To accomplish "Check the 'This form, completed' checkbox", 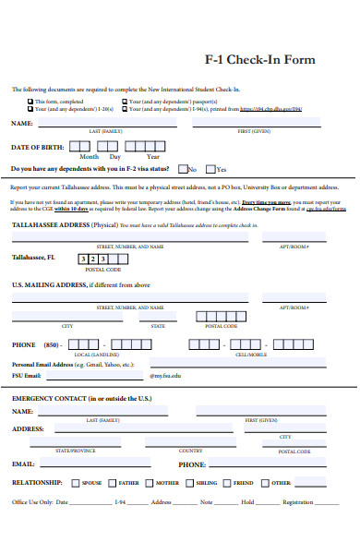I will click(30, 101).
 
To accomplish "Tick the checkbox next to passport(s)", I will click(125, 101).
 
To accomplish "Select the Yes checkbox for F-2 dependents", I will click(210, 169).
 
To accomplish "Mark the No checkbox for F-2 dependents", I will click(182, 169).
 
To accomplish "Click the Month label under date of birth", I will click(89, 157).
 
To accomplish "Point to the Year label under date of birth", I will click(153, 157).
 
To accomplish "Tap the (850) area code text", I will click(54, 345).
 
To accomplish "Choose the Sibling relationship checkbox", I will click(188, 482).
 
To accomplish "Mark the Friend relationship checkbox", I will click(226, 482).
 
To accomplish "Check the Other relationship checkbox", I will click(264, 482).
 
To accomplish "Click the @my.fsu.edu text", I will click(165, 376).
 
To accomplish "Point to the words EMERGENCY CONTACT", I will click(46, 397).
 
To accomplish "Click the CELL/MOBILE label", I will click(251, 355).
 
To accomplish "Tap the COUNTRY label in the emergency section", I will click(191, 451).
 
